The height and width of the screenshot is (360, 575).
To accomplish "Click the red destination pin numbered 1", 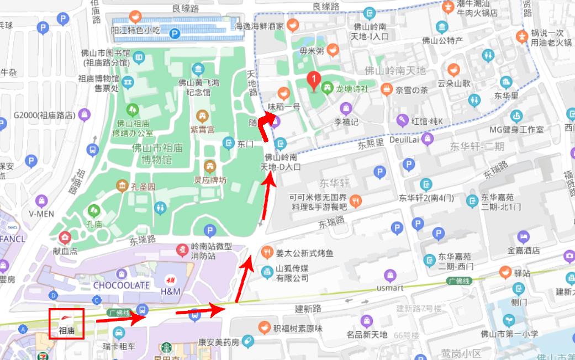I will (x=314, y=82).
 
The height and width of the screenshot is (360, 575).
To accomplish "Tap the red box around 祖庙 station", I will (x=66, y=324).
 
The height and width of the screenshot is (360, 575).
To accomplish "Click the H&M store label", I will (x=170, y=290).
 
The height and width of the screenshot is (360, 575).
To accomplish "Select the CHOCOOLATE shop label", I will (x=122, y=285).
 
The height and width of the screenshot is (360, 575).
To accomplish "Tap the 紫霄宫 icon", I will (x=203, y=117).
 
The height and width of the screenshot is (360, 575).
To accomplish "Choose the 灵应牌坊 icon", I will (x=210, y=166).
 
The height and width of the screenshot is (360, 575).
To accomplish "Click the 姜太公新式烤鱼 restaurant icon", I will (x=267, y=253).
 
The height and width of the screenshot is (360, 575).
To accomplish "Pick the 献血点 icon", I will (x=66, y=238).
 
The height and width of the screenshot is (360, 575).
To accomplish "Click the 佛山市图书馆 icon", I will (x=139, y=57).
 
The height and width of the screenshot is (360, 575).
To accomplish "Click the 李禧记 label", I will (x=346, y=121).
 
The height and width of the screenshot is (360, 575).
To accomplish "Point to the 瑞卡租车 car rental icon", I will (x=119, y=333).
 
